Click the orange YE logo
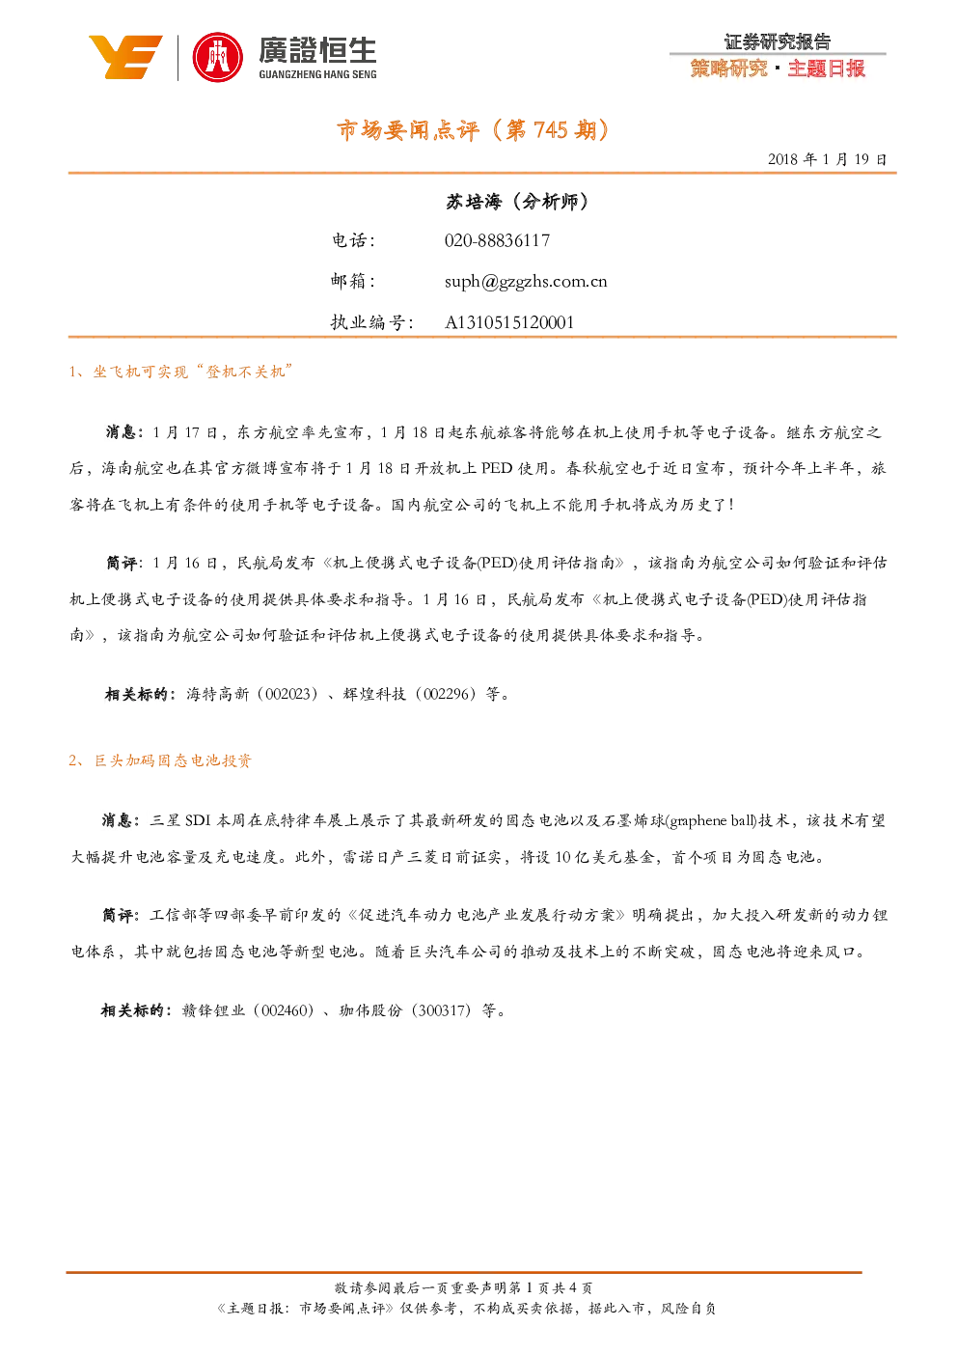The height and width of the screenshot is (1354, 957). tap(125, 57)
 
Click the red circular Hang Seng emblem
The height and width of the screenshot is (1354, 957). tap(217, 58)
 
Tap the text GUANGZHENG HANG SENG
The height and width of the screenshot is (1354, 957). tap(317, 74)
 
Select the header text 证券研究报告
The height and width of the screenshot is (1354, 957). tap(778, 41)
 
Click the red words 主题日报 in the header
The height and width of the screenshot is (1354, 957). tap(827, 69)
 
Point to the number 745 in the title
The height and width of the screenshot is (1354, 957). tap(551, 130)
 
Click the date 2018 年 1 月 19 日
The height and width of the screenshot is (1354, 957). tap(827, 159)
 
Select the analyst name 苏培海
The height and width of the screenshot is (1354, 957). tap(474, 202)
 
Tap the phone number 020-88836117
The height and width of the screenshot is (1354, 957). tap(497, 240)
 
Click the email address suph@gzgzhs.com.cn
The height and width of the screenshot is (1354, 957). tap(526, 282)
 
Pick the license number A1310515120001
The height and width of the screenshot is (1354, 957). tap(509, 322)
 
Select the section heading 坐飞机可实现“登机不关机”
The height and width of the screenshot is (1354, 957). tap(193, 372)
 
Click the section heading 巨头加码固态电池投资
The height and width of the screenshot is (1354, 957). tap(173, 760)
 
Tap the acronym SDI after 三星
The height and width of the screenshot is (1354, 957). tap(198, 820)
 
